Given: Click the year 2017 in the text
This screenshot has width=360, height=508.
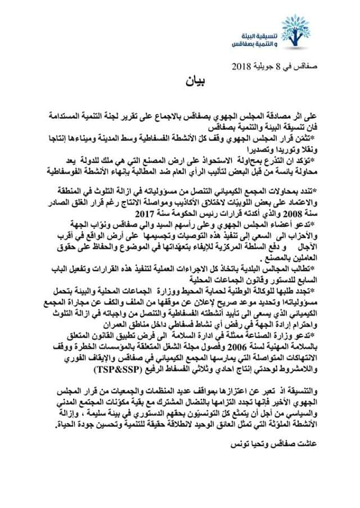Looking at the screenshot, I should pos(155,214).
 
